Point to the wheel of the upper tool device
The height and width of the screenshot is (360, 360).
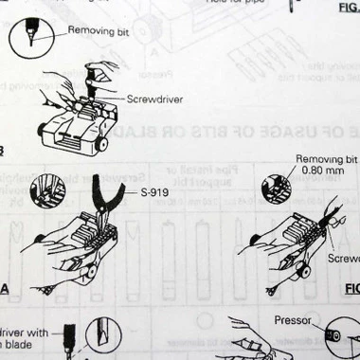101,144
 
